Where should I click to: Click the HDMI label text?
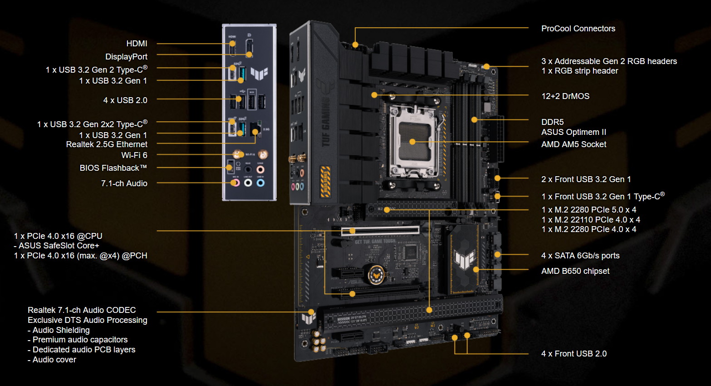[137, 44]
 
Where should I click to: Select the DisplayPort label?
[126, 57]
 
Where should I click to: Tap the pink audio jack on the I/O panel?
[235, 183]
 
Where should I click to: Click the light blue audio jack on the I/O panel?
[260, 183]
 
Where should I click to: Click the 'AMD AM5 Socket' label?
[574, 144]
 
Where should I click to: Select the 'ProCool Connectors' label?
[578, 29]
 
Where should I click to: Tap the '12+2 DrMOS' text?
[565, 96]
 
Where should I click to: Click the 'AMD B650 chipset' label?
[575, 271]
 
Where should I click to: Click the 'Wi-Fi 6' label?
[134, 155]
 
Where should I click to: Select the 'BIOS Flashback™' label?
[113, 168]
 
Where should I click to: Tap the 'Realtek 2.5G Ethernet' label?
[107, 144]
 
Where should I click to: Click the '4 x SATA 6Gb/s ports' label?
[580, 256]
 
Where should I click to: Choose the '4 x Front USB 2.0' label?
[574, 354]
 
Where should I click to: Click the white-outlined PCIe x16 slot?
[380, 231]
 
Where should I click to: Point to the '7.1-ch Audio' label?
[124, 183]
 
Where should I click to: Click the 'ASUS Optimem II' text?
[574, 132]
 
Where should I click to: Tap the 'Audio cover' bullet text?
[54, 360]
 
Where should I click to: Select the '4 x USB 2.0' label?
[125, 100]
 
